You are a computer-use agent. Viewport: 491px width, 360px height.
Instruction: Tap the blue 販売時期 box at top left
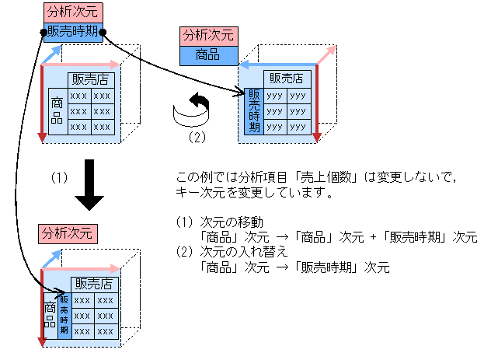pyautogui.click(x=72, y=31)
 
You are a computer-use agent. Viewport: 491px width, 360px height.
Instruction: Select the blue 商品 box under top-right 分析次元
pyautogui.click(x=207, y=54)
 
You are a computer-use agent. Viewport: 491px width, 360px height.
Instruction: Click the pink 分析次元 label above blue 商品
pyautogui.click(x=207, y=36)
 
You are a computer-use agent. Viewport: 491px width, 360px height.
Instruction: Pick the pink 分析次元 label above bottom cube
pyautogui.click(x=68, y=232)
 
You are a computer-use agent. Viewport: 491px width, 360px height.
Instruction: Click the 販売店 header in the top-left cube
pyautogui.click(x=90, y=79)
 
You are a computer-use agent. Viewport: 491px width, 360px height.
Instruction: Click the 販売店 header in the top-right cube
pyautogui.click(x=286, y=78)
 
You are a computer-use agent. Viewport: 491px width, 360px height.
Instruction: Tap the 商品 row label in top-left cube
pyautogui.click(x=57, y=110)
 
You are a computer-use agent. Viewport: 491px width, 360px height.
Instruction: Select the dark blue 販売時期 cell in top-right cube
pyautogui.click(x=253, y=110)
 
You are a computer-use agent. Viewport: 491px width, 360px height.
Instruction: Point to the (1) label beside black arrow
pyautogui.click(x=60, y=177)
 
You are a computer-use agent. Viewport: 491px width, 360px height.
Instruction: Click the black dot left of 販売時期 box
pyautogui.click(x=43, y=33)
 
